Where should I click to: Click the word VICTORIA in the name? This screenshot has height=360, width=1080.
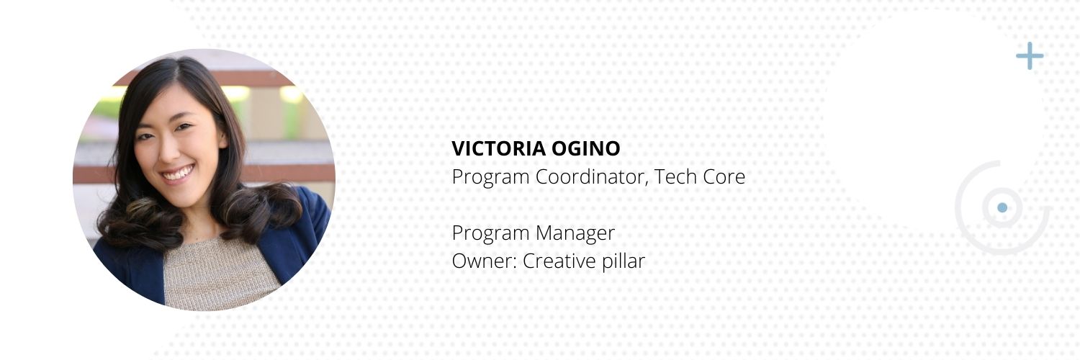coord(498,148)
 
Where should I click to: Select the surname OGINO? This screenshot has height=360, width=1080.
coord(586,148)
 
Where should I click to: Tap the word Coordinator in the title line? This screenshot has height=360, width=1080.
coord(592,177)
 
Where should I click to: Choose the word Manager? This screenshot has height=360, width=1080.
coord(575,234)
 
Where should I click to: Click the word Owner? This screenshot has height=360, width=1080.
coord(485,261)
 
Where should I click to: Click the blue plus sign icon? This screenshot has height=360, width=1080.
coord(1030,56)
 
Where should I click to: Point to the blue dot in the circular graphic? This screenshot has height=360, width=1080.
coord(1002,207)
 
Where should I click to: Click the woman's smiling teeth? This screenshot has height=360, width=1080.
coord(178,173)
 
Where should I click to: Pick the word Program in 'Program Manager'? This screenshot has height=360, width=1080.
coord(491,234)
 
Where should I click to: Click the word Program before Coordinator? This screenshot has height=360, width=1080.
coord(491,178)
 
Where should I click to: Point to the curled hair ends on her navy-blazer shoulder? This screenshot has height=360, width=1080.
coord(263,212)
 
